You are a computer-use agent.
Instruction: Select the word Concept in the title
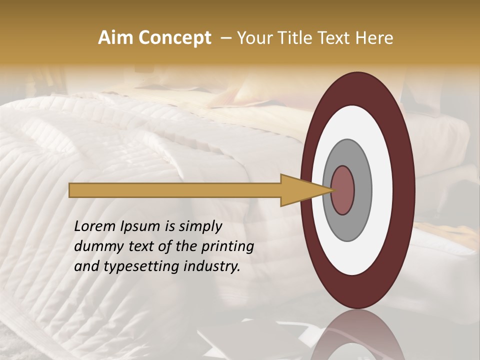point(174,38)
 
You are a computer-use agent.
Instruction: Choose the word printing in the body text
point(227,246)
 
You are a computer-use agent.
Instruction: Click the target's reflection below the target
point(357,335)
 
